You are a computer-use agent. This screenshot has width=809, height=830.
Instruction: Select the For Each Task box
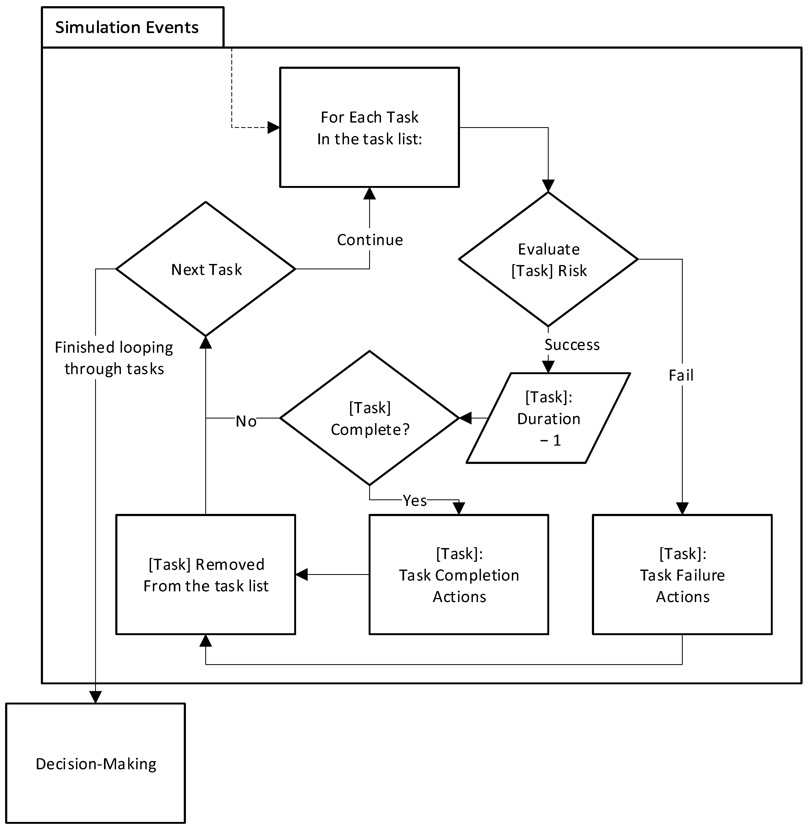369,127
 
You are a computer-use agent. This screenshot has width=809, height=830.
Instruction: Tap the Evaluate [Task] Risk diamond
548,259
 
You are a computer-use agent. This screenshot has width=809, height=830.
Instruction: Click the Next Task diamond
206,269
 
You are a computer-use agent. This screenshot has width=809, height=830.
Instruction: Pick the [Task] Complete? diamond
369,418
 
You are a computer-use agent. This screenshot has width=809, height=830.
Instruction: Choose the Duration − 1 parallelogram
548,418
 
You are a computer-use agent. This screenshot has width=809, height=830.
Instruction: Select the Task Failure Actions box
682,575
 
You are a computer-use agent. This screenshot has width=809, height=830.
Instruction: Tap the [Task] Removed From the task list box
206,575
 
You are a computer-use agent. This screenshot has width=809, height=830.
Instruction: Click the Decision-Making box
96,764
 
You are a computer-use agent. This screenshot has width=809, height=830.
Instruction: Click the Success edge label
572,345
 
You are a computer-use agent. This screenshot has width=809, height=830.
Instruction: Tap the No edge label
246,421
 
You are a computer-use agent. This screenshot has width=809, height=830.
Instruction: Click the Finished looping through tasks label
114,358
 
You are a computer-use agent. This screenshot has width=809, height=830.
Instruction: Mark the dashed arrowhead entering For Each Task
274,127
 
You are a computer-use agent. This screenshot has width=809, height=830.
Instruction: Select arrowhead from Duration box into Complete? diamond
466,418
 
